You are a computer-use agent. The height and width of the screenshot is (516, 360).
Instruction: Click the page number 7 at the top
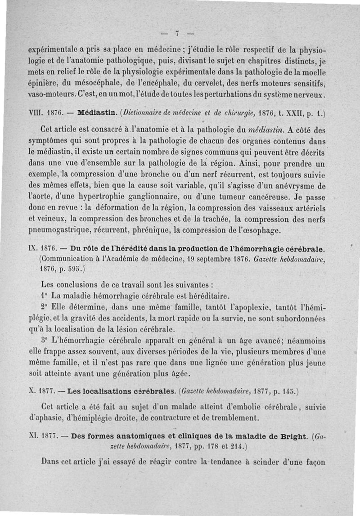(178, 32)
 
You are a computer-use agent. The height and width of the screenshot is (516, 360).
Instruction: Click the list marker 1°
(44, 296)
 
